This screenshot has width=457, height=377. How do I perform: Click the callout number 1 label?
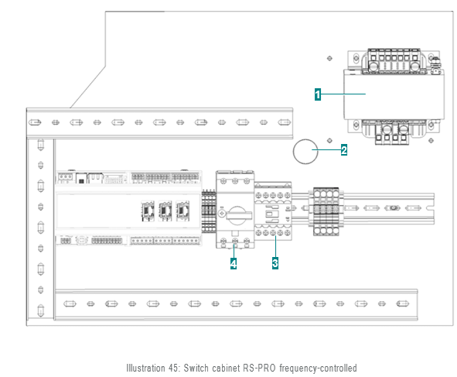point(318,94)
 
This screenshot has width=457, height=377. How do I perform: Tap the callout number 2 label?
point(344,150)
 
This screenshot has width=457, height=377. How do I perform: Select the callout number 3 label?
point(275,263)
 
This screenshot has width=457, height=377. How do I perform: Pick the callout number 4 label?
point(234,263)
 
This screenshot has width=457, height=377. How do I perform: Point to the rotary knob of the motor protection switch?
point(237,215)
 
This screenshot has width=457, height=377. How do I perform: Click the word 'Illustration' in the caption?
point(145,368)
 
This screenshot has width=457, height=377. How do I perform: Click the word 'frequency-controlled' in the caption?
point(318,368)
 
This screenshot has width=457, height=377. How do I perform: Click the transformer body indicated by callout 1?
point(394,94)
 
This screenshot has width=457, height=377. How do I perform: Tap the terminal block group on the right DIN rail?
point(326,211)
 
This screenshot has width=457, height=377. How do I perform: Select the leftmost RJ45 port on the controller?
point(148,211)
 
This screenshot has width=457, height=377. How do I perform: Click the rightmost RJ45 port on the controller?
point(182,211)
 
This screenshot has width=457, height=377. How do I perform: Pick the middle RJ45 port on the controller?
point(165,211)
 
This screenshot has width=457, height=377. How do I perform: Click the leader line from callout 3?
point(275,246)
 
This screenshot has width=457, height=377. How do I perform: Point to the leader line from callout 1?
point(343,94)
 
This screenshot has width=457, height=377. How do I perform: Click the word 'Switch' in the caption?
point(196,368)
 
